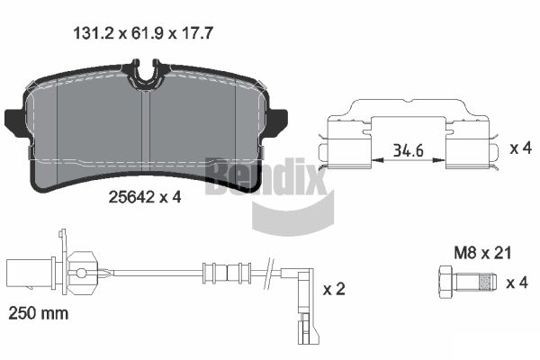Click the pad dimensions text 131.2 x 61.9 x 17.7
click(143, 34)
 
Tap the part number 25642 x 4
click(145, 197)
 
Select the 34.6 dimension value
click(409, 150)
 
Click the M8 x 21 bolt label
click(482, 253)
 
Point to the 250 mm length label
click(38, 313)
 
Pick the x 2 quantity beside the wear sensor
click(334, 289)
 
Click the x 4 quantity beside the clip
click(521, 148)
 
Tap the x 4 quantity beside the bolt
click(517, 283)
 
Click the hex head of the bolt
click(445, 283)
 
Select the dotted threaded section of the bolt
click(486, 282)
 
